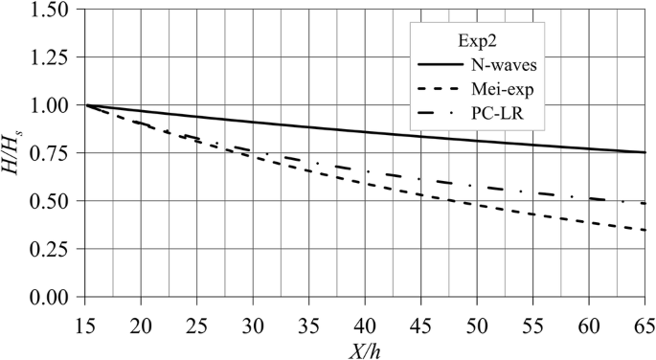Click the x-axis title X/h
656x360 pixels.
click(x=366, y=349)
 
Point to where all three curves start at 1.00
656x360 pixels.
click(x=86, y=104)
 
